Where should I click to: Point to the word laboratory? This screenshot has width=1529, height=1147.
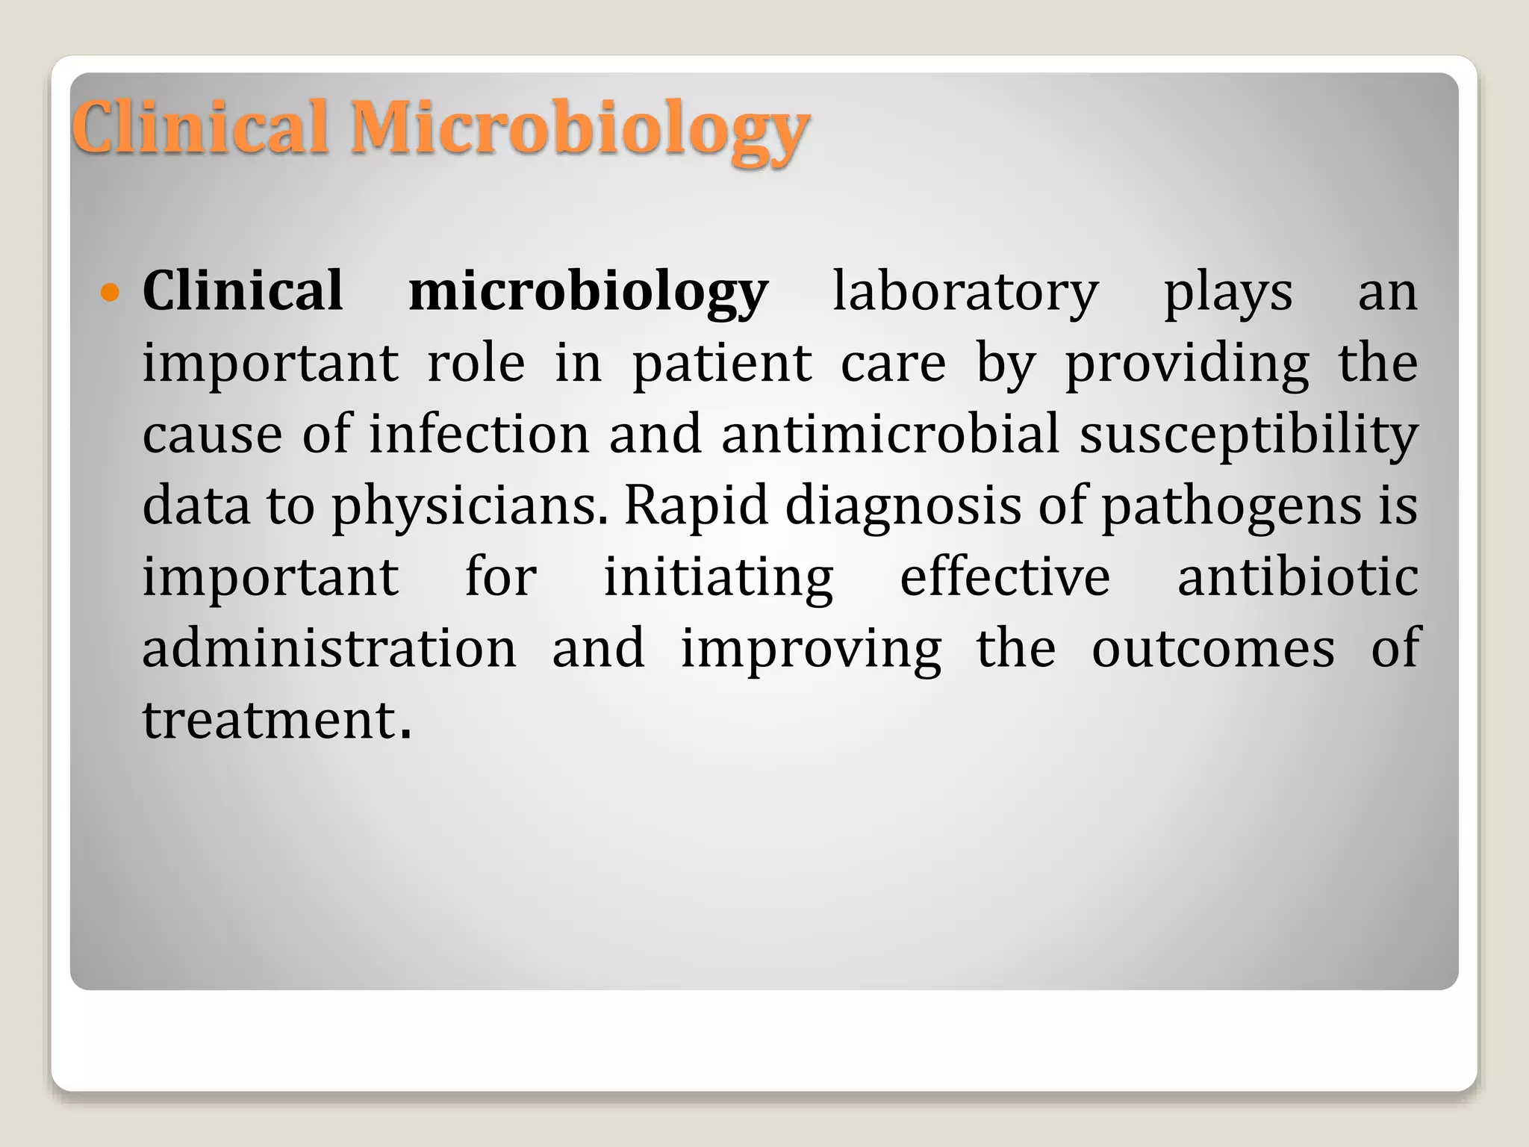click(x=965, y=291)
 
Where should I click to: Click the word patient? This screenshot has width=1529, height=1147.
click(x=722, y=364)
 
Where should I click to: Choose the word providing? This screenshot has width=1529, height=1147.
click(x=1187, y=364)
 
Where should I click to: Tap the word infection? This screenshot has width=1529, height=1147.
click(x=479, y=434)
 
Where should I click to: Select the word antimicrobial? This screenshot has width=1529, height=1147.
click(x=891, y=434)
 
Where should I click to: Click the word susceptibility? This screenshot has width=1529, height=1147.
click(x=1248, y=435)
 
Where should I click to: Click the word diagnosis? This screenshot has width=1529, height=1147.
click(x=903, y=506)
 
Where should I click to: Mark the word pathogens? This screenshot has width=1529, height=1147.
click(x=1232, y=506)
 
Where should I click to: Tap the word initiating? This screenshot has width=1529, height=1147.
click(x=718, y=578)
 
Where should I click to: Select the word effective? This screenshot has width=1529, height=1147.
click(x=1005, y=576)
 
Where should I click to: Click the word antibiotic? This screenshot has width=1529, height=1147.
click(x=1298, y=576)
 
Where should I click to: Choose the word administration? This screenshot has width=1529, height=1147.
click(x=329, y=648)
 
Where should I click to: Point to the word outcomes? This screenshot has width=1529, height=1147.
click(x=1213, y=648)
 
